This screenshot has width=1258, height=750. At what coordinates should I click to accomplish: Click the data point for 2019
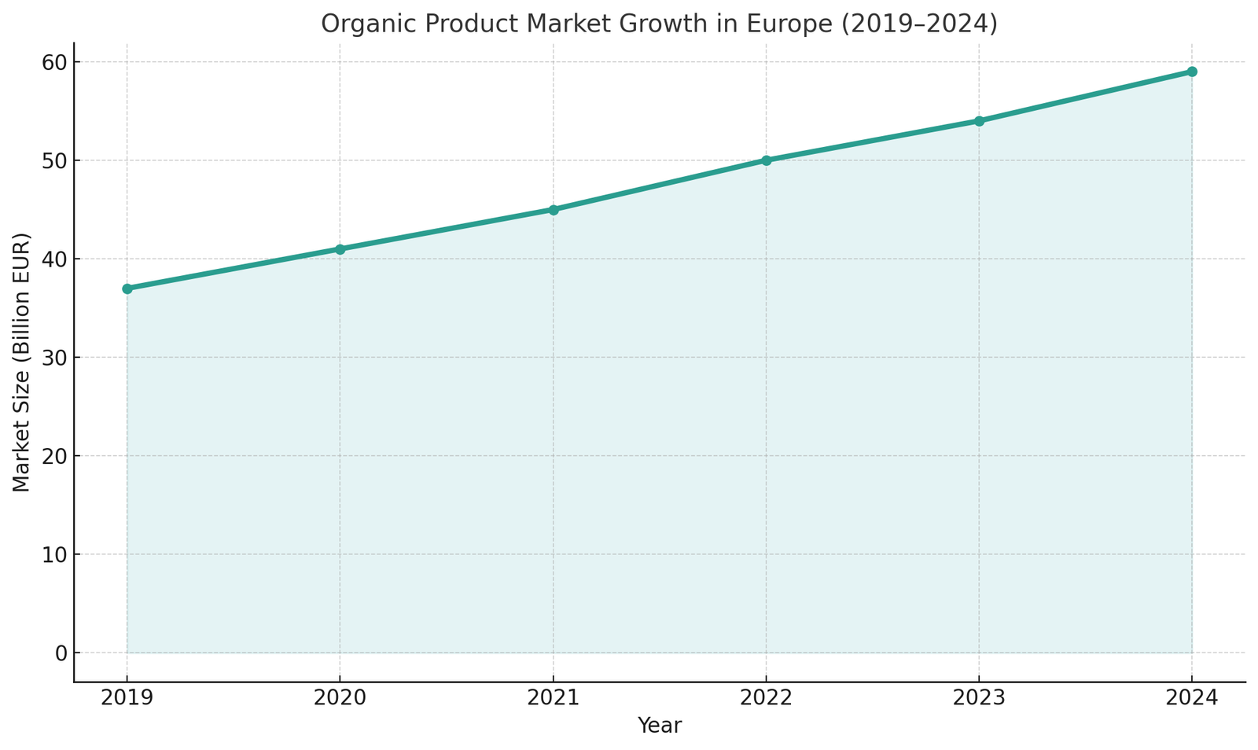click(127, 289)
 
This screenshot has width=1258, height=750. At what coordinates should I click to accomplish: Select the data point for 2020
click(340, 249)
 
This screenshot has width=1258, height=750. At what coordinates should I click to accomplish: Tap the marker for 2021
click(554, 210)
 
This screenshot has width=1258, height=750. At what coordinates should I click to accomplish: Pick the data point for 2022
click(767, 160)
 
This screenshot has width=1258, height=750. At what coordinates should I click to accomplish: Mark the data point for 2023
click(979, 121)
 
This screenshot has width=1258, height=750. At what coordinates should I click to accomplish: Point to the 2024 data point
click(1192, 72)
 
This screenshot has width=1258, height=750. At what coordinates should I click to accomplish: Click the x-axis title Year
click(659, 726)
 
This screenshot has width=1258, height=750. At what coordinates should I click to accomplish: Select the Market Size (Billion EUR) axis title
click(21, 362)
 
